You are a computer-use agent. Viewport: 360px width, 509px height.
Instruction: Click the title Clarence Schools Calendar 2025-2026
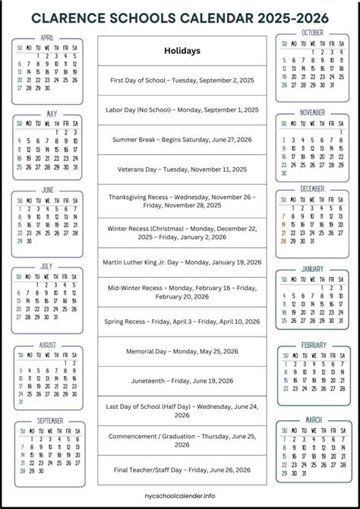click(x=180, y=14)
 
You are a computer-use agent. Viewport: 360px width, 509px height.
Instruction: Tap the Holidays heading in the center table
click(x=182, y=51)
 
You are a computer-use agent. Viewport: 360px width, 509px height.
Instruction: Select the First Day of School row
click(x=182, y=80)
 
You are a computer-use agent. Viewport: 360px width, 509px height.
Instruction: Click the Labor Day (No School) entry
click(x=182, y=109)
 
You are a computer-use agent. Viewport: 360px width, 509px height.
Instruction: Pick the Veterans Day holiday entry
click(x=182, y=169)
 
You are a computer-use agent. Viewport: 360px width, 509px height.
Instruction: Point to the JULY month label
click(x=47, y=267)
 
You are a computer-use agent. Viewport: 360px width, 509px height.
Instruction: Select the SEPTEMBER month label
click(x=49, y=421)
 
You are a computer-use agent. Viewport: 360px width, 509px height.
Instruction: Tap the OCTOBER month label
click(x=312, y=33)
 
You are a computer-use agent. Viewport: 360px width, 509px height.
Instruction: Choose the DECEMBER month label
click(x=312, y=188)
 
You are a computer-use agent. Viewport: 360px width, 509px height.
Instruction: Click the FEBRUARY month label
click(x=313, y=345)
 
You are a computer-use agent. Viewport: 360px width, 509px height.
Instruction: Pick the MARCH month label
click(x=312, y=419)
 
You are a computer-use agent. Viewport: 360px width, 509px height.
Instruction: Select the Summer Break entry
click(x=182, y=139)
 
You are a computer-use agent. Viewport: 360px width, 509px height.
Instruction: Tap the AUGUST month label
click(x=47, y=345)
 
